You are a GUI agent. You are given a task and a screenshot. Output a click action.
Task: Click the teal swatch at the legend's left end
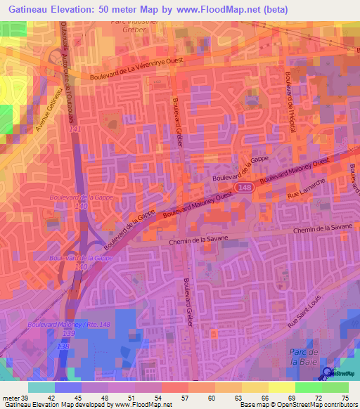click(41, 387)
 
